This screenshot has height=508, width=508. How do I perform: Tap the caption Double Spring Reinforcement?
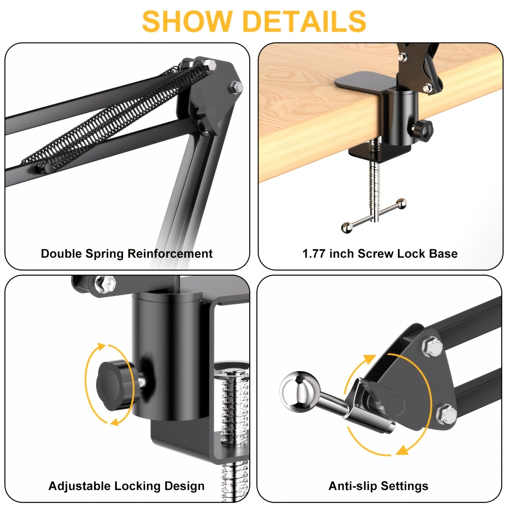pos(127,254)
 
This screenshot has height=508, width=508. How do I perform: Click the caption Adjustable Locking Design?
pos(127,486)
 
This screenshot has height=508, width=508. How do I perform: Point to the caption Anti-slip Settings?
pos(378,486)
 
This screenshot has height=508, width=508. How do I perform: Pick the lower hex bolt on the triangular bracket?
pos(446,414)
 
